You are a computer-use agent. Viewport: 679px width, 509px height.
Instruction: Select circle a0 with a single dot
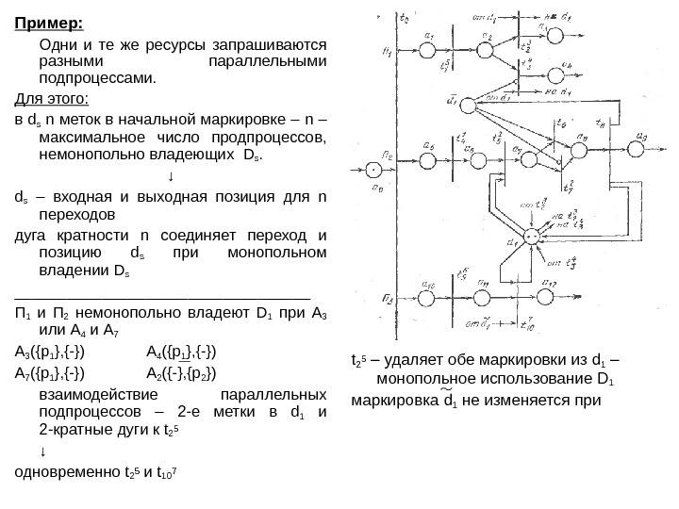tap(373, 169)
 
